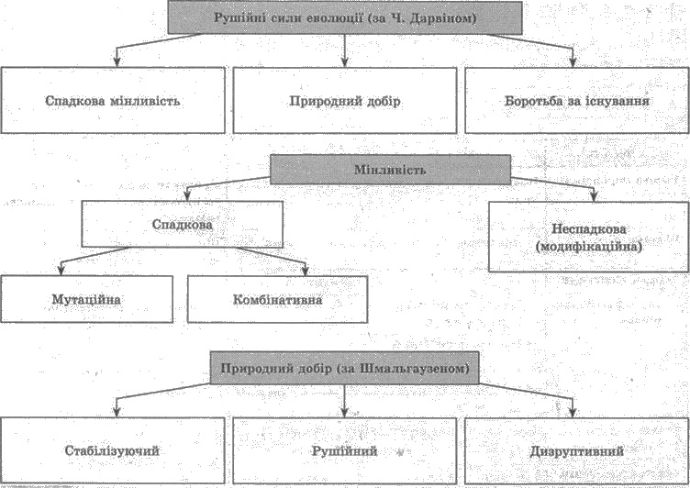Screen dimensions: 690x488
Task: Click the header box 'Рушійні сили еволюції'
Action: (345, 17)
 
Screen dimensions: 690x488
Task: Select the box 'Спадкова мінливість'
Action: (113, 100)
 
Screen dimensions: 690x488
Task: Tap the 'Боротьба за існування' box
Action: (577, 101)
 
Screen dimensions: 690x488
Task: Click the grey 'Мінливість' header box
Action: (390, 170)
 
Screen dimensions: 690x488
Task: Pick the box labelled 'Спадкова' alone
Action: (183, 224)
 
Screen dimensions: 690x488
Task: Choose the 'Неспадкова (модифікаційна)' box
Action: (589, 237)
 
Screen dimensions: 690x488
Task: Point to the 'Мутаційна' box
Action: (86, 299)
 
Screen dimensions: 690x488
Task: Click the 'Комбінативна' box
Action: (277, 299)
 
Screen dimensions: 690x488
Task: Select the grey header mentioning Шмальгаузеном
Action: (345, 368)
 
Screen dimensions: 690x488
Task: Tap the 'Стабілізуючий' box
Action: (112, 450)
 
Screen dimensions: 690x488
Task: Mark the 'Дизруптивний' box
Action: (577, 450)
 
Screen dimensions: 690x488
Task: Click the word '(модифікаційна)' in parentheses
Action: (589, 247)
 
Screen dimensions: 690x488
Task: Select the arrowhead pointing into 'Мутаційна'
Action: (61, 271)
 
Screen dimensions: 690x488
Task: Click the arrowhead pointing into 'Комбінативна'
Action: (306, 271)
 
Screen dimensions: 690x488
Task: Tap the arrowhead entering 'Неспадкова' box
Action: (594, 196)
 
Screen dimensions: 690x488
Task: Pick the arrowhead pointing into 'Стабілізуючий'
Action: (117, 412)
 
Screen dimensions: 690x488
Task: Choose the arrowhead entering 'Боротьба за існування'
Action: (573, 61)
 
